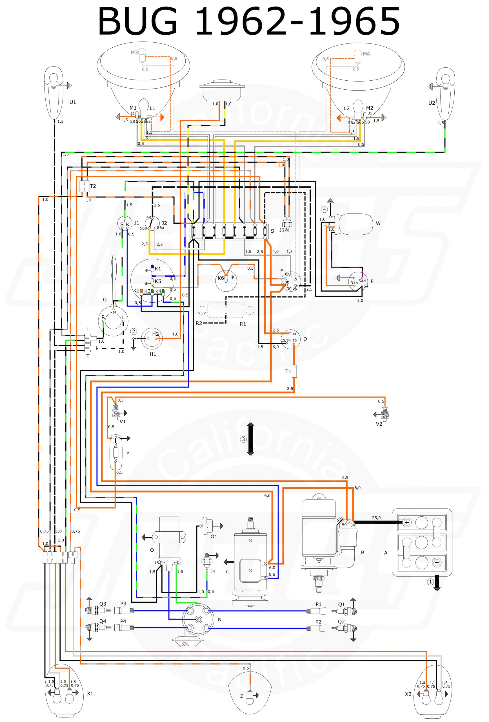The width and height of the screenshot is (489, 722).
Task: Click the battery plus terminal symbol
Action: click(x=406, y=523)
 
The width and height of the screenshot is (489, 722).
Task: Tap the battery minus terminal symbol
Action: click(x=436, y=563)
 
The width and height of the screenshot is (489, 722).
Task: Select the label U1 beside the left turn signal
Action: click(x=72, y=102)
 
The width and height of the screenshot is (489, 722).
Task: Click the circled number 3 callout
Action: click(x=244, y=439)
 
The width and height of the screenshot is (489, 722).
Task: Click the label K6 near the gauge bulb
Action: click(x=221, y=278)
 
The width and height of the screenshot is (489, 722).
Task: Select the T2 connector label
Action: click(x=93, y=186)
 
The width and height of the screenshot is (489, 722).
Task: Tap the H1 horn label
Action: click(x=153, y=354)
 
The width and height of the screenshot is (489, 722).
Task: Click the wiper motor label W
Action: click(x=378, y=223)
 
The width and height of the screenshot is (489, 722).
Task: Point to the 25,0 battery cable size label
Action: click(x=376, y=518)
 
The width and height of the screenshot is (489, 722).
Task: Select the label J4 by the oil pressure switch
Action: click(x=213, y=571)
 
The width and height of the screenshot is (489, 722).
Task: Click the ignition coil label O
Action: click(x=152, y=550)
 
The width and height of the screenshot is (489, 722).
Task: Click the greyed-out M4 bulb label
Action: click(x=366, y=54)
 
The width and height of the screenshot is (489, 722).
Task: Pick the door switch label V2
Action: click(x=379, y=424)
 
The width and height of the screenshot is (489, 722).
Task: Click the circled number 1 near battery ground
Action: click(x=430, y=582)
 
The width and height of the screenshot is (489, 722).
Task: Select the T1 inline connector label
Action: click(x=288, y=371)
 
